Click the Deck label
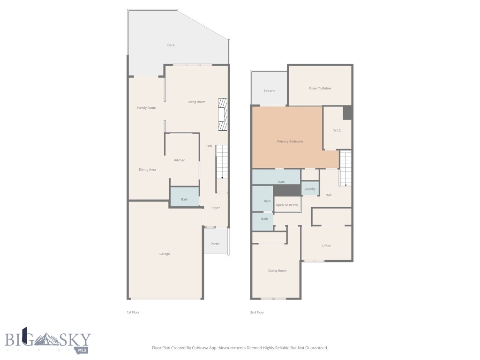[171, 45]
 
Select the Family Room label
[146, 108]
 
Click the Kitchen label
[180, 160]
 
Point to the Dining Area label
[147, 169]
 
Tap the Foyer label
[216, 208]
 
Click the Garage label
[165, 254]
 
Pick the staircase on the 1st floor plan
[222, 162]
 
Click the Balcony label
[269, 90]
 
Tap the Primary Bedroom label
[290, 141]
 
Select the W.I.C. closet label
[337, 130]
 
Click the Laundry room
[309, 188]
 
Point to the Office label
[326, 246]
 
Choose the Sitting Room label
[277, 270]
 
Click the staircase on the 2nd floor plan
[345, 168]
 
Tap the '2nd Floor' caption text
[257, 312]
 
